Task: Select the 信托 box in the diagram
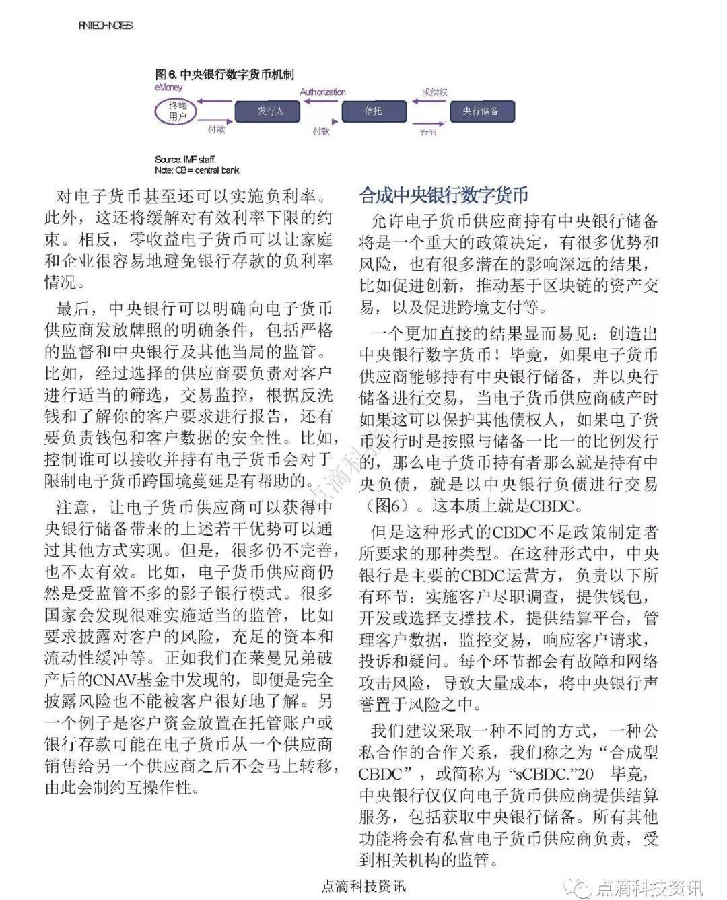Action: [x=374, y=111]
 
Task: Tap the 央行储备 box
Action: [x=482, y=111]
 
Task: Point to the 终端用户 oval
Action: [x=178, y=111]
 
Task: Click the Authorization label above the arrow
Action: [x=322, y=92]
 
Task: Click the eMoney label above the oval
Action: [x=168, y=88]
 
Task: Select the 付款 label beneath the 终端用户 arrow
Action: [x=215, y=129]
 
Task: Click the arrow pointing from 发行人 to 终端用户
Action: [x=215, y=102]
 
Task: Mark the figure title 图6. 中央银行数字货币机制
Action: [x=224, y=74]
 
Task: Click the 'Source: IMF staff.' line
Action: [x=185, y=160]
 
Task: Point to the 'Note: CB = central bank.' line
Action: [x=197, y=170]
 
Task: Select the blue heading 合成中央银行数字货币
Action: [x=444, y=195]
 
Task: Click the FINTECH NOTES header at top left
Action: [x=106, y=25]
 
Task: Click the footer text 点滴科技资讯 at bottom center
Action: [x=363, y=887]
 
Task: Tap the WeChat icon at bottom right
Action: [x=582, y=887]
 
